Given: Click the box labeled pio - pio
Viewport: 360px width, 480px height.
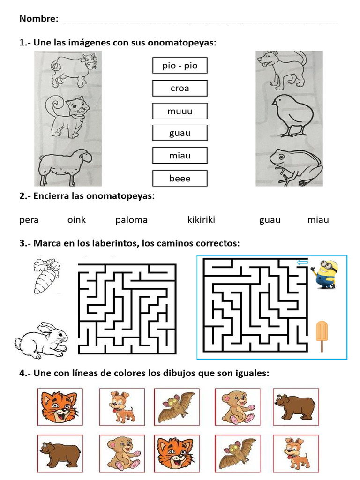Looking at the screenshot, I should click(x=180, y=66).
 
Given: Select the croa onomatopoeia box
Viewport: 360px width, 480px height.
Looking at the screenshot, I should click(x=180, y=88).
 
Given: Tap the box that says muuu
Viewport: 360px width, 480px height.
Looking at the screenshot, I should click(x=180, y=111).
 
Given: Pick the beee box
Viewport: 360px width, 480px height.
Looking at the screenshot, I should click(x=180, y=178).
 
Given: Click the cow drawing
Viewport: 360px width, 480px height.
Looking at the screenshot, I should click(x=74, y=70).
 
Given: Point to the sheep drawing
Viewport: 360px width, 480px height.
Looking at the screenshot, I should click(x=65, y=167).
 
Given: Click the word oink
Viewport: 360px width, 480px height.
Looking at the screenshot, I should click(x=76, y=220).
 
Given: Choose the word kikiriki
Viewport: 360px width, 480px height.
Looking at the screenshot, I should click(x=201, y=220).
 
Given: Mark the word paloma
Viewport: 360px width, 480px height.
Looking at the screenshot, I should click(x=131, y=220).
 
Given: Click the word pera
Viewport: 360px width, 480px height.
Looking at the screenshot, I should click(x=29, y=220).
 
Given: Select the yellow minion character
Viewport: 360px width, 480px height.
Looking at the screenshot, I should click(x=324, y=274).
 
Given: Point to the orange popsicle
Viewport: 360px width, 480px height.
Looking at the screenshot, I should click(x=322, y=335).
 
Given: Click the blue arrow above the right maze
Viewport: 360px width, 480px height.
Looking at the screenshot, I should click(x=302, y=263).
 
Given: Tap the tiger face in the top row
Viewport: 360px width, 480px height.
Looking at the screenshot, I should click(x=60, y=406).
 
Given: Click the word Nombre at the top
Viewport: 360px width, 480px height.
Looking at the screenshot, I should click(x=38, y=19).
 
